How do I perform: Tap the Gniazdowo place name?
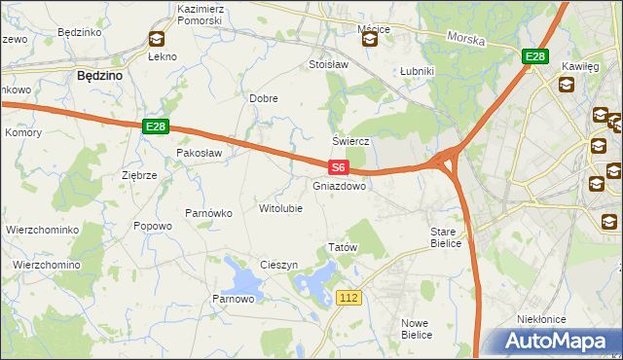click(x=340, y=185)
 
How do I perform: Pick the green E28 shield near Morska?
click(x=533, y=57)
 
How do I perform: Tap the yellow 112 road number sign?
click(x=350, y=296)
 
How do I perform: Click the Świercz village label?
click(x=351, y=140)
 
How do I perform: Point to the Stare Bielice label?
click(x=449, y=237)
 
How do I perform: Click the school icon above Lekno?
click(x=156, y=39)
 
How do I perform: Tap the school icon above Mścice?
click(x=370, y=40)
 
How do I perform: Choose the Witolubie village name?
click(x=280, y=208)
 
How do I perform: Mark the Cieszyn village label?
click(x=278, y=265)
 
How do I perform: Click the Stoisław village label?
click(x=328, y=64)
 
